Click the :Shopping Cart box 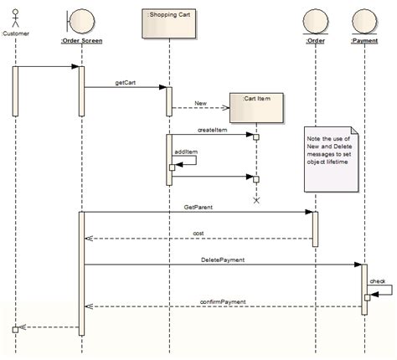point(168,24)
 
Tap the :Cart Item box point(256,105)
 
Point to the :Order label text point(316,39)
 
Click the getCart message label point(125,83)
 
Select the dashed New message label point(200,103)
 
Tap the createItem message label point(213,130)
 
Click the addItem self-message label point(186,152)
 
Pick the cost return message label point(198,233)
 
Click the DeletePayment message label point(223,260)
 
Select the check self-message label point(378,281)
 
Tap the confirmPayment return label point(222,301)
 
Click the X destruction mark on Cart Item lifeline point(256,200)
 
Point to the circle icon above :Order point(316,19)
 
